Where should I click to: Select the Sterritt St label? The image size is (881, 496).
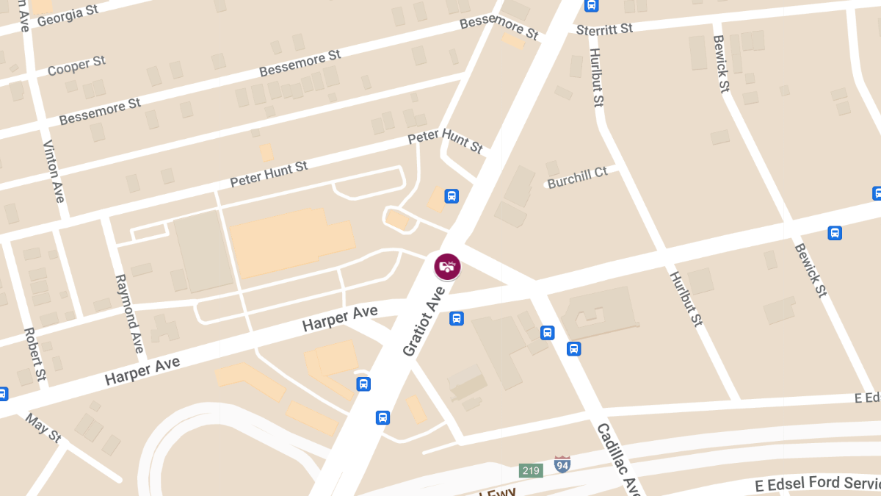tap(604, 29)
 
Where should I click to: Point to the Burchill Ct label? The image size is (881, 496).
tap(578, 177)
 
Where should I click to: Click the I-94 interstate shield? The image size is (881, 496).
tap(562, 464)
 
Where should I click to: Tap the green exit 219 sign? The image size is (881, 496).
tap(531, 470)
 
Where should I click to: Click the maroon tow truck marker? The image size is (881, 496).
tap(447, 266)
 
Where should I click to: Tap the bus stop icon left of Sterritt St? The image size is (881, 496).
tap(591, 6)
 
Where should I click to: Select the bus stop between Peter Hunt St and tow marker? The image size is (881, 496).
tap(452, 196)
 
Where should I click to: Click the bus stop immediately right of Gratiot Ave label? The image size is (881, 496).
tap(456, 319)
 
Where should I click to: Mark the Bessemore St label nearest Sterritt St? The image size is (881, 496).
tap(499, 28)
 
